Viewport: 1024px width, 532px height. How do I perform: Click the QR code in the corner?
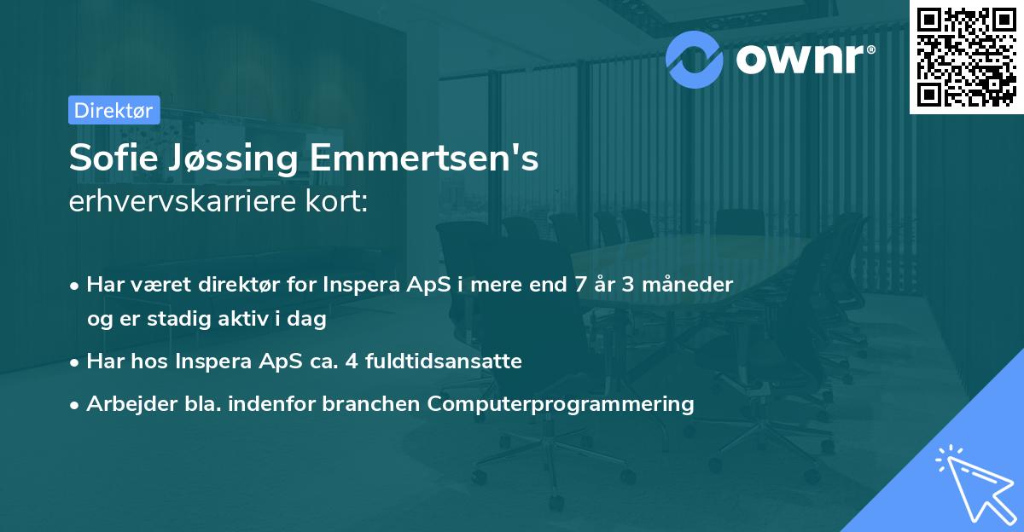(966, 57)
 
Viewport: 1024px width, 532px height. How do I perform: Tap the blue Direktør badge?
(113, 110)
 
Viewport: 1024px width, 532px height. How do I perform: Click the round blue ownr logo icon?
(695, 59)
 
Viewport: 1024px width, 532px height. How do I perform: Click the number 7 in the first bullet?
(574, 285)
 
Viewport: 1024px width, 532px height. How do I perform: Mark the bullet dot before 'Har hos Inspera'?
(76, 362)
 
